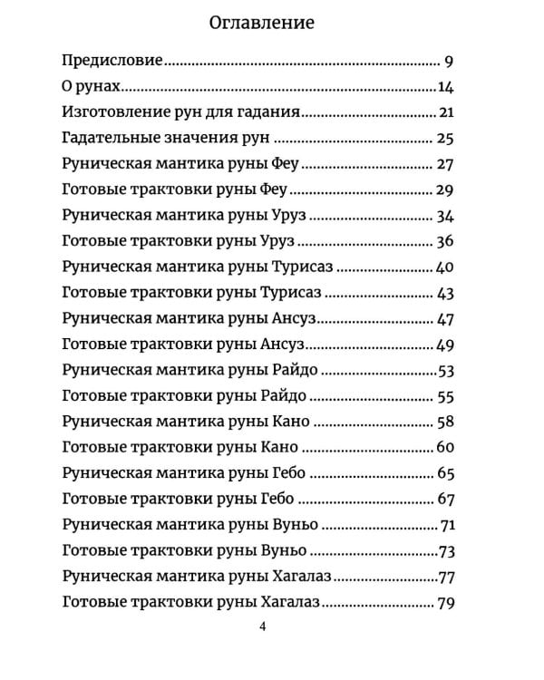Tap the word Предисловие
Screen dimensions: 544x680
(112, 62)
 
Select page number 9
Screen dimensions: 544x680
(449, 62)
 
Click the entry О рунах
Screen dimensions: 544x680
(92, 87)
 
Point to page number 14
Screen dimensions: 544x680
(444, 87)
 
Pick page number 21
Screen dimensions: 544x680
(444, 113)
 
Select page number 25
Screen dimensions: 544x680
(444, 139)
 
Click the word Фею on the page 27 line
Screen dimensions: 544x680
(285, 165)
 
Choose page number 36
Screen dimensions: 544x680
(444, 242)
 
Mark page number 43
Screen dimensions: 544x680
(444, 294)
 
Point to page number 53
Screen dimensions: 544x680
(444, 371)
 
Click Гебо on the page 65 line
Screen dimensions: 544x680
(288, 474)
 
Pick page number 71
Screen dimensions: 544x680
(445, 526)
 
